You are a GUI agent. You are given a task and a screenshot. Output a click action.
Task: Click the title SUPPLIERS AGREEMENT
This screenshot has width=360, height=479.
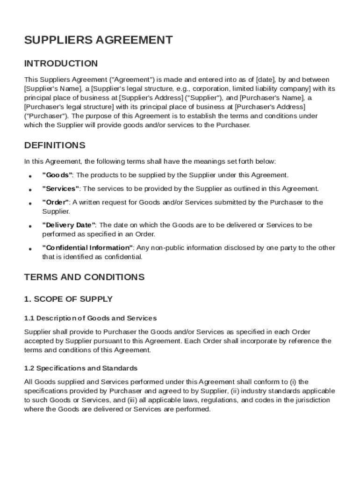(98, 40)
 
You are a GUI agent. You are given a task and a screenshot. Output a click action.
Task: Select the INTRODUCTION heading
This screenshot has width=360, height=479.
(61, 64)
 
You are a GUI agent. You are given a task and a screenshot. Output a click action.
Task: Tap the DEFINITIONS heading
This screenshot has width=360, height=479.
(55, 145)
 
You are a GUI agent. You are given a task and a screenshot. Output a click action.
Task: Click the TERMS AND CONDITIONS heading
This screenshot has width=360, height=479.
(84, 277)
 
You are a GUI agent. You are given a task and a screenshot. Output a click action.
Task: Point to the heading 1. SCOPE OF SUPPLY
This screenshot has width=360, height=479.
(68, 299)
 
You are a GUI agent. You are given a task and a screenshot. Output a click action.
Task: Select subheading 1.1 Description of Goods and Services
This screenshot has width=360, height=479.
(90, 318)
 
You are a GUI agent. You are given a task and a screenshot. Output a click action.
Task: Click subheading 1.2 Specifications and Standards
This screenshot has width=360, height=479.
(80, 368)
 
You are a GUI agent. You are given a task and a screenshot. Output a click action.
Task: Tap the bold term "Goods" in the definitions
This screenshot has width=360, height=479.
(57, 175)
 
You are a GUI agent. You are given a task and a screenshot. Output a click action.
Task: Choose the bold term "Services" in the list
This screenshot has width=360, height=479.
(61, 189)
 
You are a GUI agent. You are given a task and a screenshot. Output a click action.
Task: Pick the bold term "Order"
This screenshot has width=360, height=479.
(56, 202)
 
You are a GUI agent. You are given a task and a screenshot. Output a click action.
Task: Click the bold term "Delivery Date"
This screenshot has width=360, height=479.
(69, 225)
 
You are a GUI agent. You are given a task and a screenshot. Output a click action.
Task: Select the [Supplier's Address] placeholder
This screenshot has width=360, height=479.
(151, 98)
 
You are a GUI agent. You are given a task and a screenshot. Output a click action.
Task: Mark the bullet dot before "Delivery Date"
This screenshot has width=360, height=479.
(30, 226)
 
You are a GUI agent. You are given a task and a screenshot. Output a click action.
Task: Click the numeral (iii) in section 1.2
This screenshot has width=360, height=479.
(132, 400)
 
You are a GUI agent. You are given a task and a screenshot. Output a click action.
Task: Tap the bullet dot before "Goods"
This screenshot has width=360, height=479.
(30, 176)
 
